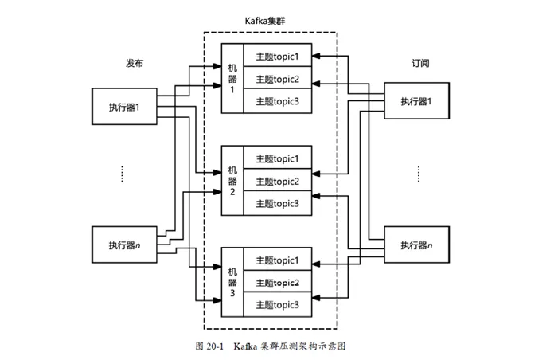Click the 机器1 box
232,79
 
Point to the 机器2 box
232,181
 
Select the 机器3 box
232,283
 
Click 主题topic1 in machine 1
277,57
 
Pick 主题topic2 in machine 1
277,79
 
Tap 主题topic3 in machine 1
277,101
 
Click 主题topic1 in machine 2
277,158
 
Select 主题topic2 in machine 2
277,181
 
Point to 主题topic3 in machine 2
277,203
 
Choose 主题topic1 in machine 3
277,260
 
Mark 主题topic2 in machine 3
277,283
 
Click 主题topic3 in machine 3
277,304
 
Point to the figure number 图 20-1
209,346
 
